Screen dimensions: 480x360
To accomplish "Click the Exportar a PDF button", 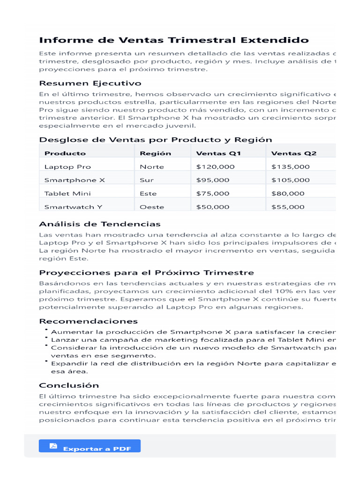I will click(90, 446).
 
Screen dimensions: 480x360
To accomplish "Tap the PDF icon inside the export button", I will click(53, 446).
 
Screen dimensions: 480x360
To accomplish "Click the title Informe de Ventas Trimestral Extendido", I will click(174, 40).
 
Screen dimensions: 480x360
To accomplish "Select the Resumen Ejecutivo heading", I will click(90, 83).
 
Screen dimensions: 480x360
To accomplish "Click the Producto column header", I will click(65, 153).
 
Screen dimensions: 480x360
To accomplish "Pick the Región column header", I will click(156, 153).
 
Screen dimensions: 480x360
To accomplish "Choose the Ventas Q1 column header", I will click(218, 153).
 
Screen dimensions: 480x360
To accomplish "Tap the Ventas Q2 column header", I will click(294, 153).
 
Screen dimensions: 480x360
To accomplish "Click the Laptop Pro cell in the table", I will click(67, 167).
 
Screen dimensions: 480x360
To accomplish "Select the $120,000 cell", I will click(216, 167).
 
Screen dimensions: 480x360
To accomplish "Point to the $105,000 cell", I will click(291, 180).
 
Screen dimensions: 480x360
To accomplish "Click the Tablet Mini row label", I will click(67, 194).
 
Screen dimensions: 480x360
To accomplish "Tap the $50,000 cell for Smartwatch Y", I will click(213, 207).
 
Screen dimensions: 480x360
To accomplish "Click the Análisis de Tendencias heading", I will click(100, 224).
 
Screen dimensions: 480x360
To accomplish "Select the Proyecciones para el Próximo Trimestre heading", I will click(146, 273).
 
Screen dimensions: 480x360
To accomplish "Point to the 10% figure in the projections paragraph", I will click(293, 291).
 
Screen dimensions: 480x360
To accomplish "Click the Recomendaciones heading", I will click(88, 322).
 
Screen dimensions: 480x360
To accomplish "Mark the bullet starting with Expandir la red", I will click(187, 363).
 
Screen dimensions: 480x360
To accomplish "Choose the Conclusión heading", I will click(69, 385).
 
